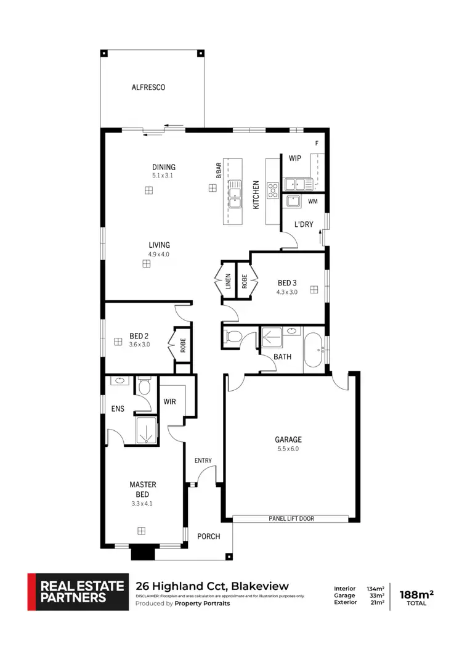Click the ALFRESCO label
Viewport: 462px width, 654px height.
point(148,88)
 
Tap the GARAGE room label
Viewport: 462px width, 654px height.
point(288,439)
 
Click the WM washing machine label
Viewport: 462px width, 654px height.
point(312,202)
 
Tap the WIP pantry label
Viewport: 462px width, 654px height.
point(294,158)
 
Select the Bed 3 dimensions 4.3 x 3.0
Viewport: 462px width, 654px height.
point(287,292)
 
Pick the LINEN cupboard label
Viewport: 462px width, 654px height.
point(227,281)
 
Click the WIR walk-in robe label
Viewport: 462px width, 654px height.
point(170,401)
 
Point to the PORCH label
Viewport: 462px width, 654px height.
point(208,536)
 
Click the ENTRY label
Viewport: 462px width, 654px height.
point(203,460)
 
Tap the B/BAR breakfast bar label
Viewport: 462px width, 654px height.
point(218,170)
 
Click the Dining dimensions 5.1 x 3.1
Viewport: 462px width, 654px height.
point(164,176)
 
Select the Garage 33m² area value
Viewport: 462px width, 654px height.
point(376,595)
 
